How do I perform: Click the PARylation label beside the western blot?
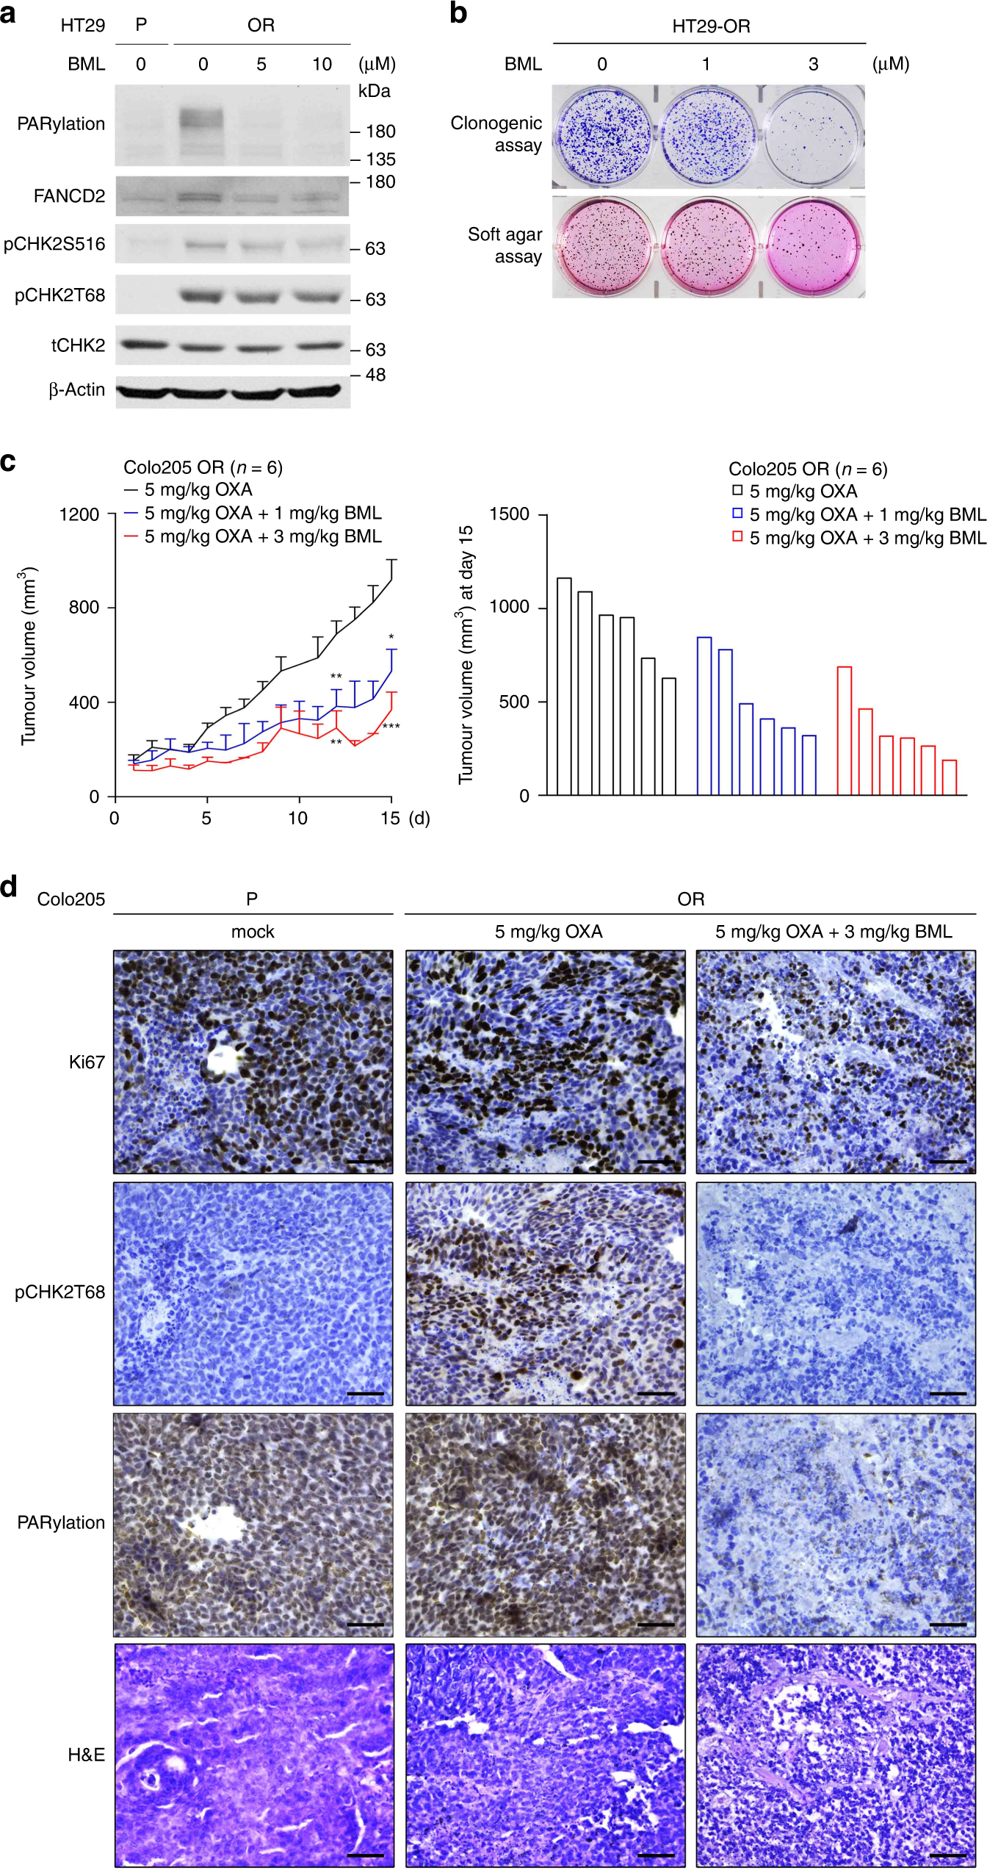pyautogui.click(x=61, y=124)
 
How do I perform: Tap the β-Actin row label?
pyautogui.click(x=76, y=390)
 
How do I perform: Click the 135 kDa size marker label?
pyautogui.click(x=380, y=159)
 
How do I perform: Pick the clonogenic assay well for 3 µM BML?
pyautogui.click(x=813, y=136)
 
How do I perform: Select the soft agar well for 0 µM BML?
pyautogui.click(x=604, y=246)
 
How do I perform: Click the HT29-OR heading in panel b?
pyautogui.click(x=711, y=26)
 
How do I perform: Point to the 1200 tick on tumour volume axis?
pyautogui.click(x=79, y=514)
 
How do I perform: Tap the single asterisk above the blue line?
pyautogui.click(x=391, y=637)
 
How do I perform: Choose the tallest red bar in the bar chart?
pyautogui.click(x=845, y=730)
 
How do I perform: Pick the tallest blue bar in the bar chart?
pyautogui.click(x=704, y=716)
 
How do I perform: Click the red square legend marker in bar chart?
pyautogui.click(x=737, y=537)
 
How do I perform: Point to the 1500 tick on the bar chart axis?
pyautogui.click(x=510, y=514)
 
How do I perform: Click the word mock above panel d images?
pyautogui.click(x=253, y=932)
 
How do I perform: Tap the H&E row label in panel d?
pyautogui.click(x=86, y=1755)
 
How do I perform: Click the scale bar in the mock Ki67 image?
pyautogui.click(x=365, y=1162)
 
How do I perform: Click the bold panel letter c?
pyautogui.click(x=9, y=461)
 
